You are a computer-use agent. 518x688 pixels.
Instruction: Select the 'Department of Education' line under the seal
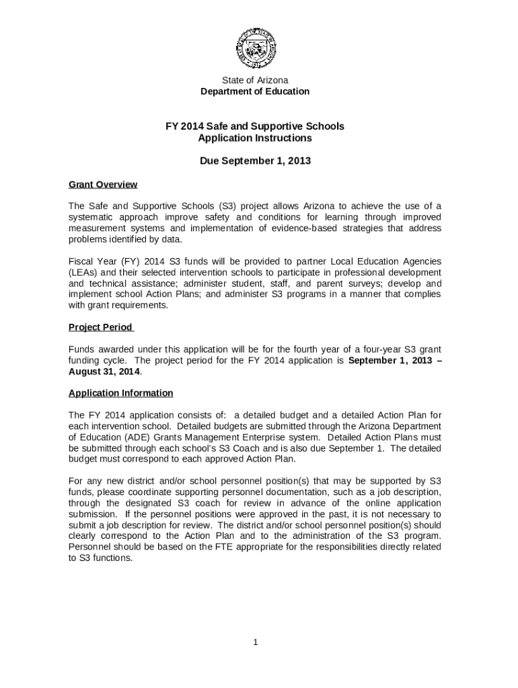click(x=255, y=91)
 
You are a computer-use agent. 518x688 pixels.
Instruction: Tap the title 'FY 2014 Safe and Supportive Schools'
click(x=255, y=126)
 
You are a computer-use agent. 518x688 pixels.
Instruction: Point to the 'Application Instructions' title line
click(x=255, y=138)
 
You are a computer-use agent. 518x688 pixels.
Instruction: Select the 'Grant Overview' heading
click(x=103, y=184)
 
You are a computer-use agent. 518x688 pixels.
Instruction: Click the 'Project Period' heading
click(x=101, y=327)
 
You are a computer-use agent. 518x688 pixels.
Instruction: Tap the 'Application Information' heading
click(x=121, y=393)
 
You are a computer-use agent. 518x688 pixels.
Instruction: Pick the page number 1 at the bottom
click(x=256, y=642)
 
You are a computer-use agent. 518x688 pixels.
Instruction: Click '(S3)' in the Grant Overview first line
click(x=228, y=206)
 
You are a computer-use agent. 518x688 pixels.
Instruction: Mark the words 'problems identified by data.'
click(x=125, y=240)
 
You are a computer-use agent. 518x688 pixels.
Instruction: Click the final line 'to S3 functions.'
click(x=100, y=558)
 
